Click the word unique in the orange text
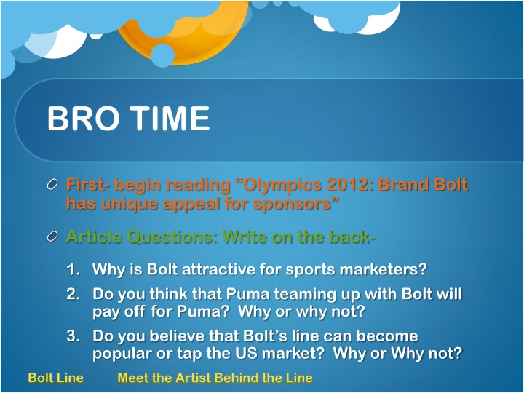point(133,204)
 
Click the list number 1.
point(72,270)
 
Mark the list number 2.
point(72,295)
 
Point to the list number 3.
point(72,337)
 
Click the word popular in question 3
point(122,354)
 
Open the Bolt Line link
point(55,378)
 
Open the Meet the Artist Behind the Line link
point(215,378)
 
